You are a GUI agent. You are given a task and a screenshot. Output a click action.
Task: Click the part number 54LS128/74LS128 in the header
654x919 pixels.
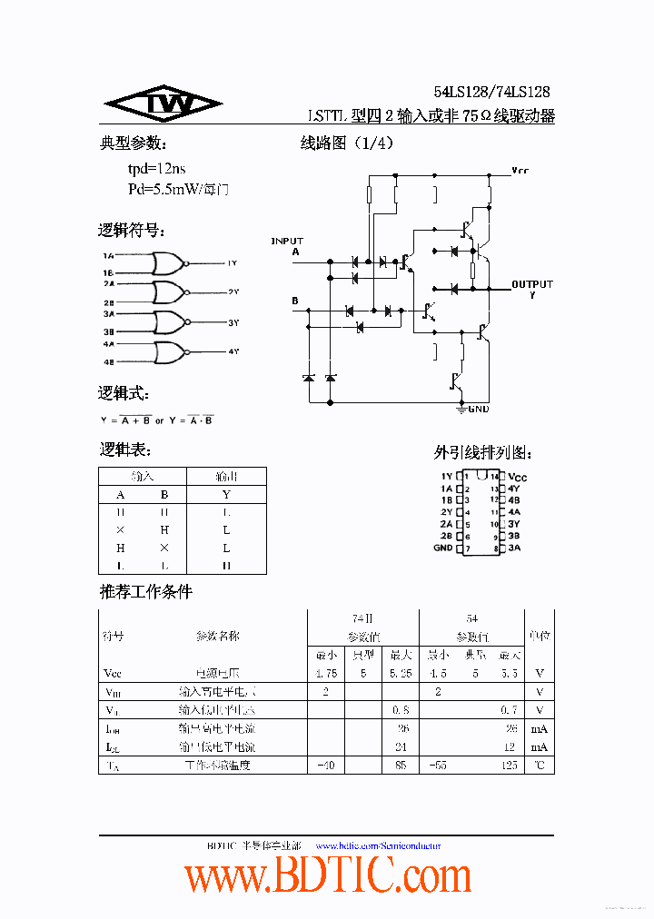pyautogui.click(x=491, y=92)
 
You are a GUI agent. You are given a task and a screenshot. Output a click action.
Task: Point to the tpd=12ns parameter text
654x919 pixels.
pyautogui.click(x=156, y=169)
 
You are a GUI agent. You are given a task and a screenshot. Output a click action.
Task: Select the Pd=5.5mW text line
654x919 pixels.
pyautogui.click(x=178, y=190)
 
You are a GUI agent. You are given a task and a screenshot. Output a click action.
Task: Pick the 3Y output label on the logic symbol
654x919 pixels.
pyautogui.click(x=233, y=322)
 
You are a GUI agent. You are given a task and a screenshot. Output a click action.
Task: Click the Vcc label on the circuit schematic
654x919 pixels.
pyautogui.click(x=520, y=170)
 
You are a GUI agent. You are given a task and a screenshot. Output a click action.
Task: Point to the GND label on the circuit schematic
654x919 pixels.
pyautogui.click(x=478, y=410)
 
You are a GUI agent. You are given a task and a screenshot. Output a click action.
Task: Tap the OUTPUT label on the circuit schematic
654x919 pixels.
pyautogui.click(x=531, y=284)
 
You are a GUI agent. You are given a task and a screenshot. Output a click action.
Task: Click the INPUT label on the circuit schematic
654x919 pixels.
pyautogui.click(x=287, y=241)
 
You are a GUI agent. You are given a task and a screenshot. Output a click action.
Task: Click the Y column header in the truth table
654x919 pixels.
pyautogui.click(x=226, y=495)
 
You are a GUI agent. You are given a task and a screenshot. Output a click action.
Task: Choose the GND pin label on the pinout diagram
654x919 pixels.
pyautogui.click(x=443, y=548)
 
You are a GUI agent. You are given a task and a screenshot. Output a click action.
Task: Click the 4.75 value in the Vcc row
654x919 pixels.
pyautogui.click(x=325, y=674)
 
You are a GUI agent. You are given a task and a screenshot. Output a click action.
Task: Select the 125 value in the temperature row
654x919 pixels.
pyautogui.click(x=510, y=765)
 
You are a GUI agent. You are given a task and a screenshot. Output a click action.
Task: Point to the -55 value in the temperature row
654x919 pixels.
pyautogui.click(x=438, y=765)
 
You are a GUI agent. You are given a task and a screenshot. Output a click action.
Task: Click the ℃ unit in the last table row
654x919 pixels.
pyautogui.click(x=540, y=765)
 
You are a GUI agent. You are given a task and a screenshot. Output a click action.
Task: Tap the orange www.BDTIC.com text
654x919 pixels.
pyautogui.click(x=328, y=877)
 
